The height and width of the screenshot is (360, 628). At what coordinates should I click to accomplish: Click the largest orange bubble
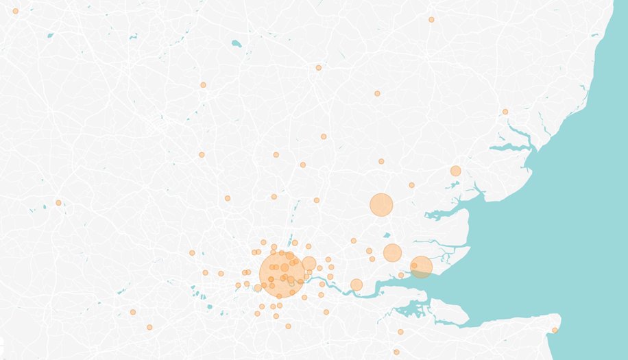pos(282,273)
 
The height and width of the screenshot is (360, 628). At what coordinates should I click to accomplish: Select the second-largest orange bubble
pos(381,204)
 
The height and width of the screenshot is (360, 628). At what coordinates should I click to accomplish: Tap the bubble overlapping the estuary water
pos(422,267)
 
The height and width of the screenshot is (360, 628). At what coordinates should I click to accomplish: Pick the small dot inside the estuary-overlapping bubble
pos(414,265)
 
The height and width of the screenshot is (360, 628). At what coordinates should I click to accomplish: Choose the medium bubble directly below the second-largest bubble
pos(392,252)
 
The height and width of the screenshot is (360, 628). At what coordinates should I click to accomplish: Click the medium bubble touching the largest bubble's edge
pos(309,263)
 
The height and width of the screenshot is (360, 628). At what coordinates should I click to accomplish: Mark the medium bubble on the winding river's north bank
pos(357,285)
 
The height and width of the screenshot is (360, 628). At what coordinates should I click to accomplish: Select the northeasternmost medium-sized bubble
pos(455,171)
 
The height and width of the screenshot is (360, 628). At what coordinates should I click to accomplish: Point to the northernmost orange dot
pos(431,19)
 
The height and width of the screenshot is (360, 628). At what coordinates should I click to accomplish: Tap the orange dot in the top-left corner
pos(15,11)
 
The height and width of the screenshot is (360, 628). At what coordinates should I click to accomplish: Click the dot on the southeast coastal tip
pos(555,331)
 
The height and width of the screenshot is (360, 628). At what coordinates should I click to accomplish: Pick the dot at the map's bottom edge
pos(396,352)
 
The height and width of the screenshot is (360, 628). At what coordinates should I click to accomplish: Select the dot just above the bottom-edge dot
pos(399,332)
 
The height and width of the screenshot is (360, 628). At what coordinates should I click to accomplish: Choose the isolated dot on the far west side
pos(58,202)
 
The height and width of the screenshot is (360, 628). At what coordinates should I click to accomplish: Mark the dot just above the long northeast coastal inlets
pos(505,112)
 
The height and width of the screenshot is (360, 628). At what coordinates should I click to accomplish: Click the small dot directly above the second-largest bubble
pos(381,161)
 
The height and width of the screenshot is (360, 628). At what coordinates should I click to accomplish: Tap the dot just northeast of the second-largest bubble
pos(411,185)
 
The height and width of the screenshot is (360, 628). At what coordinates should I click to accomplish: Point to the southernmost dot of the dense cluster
pos(288,326)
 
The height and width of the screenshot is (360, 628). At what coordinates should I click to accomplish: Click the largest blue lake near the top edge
pos(237,44)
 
